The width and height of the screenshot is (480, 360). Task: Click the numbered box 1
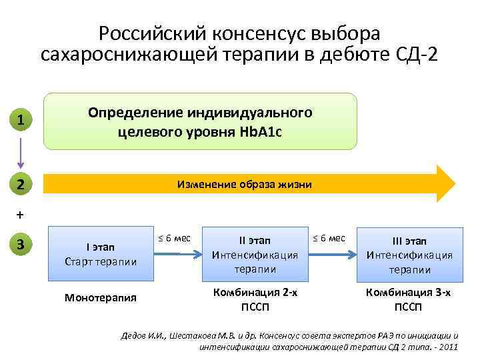pos(21,121)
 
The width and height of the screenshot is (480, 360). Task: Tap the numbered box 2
pos(21,183)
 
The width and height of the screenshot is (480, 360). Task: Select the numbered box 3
pos(21,245)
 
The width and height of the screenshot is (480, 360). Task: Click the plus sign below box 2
pos(19,215)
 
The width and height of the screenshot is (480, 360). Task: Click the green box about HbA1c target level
pos(200,121)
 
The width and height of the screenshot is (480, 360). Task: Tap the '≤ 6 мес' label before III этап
pos(329,238)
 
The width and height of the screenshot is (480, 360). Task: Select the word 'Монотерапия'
pos(100,297)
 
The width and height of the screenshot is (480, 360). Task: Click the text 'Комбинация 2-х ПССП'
pos(255,300)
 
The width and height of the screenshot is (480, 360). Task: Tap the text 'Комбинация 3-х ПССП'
pos(409,300)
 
